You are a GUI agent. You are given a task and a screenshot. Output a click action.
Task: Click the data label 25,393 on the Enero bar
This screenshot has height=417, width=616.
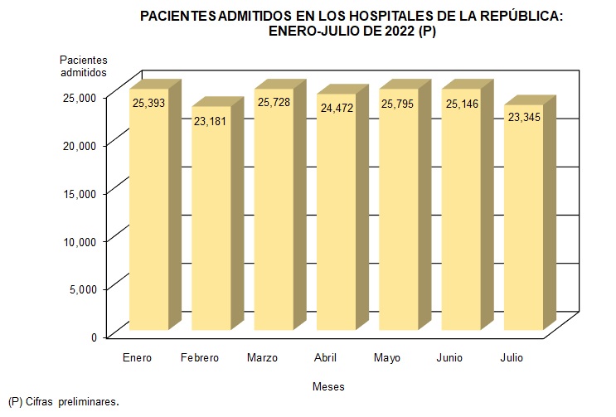[x=149, y=103]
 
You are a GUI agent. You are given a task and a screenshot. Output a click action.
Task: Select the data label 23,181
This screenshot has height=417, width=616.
[x=211, y=121]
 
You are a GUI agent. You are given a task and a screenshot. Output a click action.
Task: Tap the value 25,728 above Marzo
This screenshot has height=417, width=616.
[x=274, y=103]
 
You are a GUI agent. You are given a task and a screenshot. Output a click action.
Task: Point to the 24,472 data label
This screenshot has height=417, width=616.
[x=336, y=109]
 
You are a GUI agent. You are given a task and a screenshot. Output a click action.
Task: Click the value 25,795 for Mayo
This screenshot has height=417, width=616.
[x=399, y=103]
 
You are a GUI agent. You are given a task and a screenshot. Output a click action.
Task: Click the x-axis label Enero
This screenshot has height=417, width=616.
[x=137, y=358]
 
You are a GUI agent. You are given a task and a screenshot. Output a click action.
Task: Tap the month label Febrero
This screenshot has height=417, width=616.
[x=199, y=358]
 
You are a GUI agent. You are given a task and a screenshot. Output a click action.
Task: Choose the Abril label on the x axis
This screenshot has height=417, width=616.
[x=325, y=358]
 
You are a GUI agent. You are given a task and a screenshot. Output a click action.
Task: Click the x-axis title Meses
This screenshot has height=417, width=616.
[x=328, y=387]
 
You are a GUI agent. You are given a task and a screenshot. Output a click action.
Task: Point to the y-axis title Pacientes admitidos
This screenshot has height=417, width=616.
[x=83, y=66]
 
